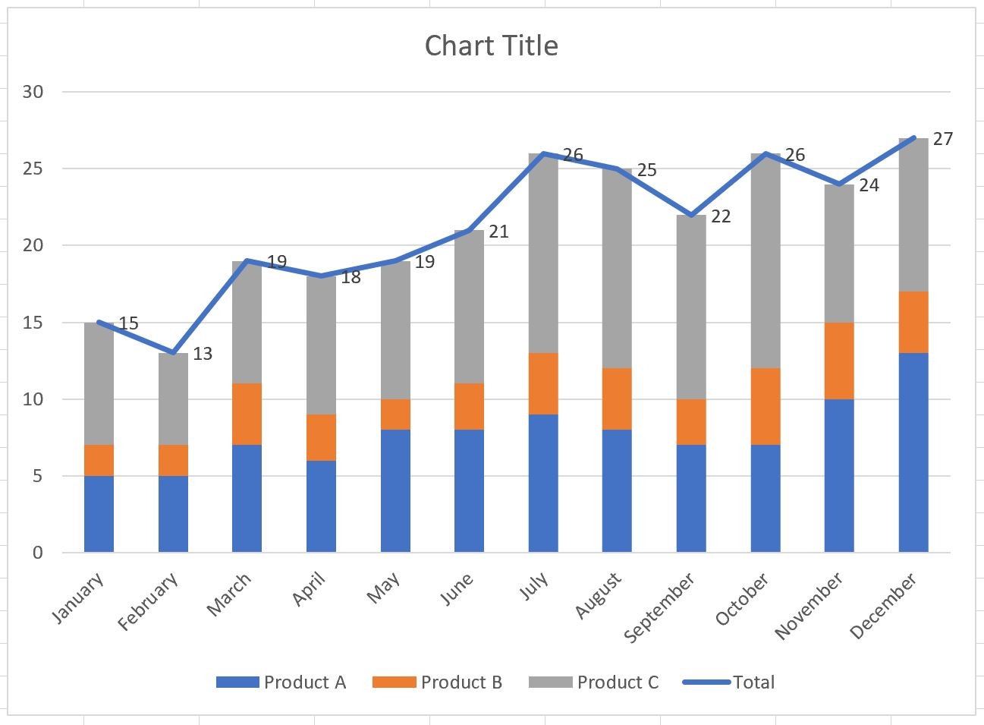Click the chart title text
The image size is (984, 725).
point(491,46)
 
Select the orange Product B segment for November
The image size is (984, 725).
point(838,361)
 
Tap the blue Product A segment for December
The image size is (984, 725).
point(913,452)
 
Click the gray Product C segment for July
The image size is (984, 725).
point(543,254)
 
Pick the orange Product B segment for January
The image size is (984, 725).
point(99,460)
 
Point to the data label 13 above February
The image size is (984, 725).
point(202,354)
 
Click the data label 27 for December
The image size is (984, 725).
point(942,139)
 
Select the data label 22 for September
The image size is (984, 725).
point(721,216)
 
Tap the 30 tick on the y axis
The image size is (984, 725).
point(33,92)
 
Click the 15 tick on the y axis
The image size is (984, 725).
point(33,323)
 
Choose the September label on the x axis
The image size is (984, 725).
point(659,608)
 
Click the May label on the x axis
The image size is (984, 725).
point(384,588)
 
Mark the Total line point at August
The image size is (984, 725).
point(617,169)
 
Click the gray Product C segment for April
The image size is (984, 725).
point(321,345)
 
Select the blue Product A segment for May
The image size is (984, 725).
point(395,491)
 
